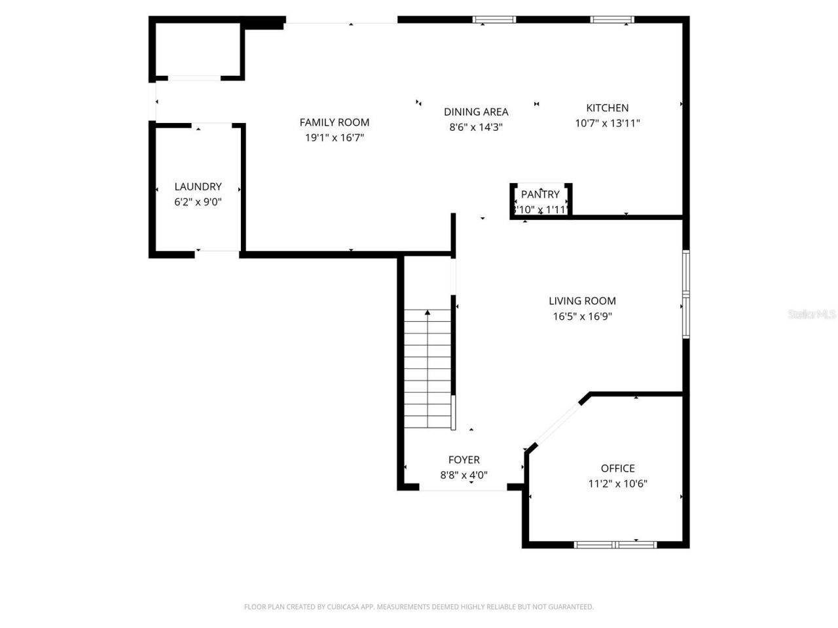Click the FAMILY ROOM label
pyautogui.click(x=335, y=122)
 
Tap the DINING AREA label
pyautogui.click(x=476, y=112)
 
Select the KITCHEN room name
pyautogui.click(x=607, y=108)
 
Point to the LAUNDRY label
pyautogui.click(x=198, y=186)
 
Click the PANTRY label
pyautogui.click(x=540, y=194)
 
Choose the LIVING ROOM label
pyautogui.click(x=582, y=301)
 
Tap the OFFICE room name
pyautogui.click(x=617, y=468)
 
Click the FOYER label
pyautogui.click(x=464, y=460)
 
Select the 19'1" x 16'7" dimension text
pyautogui.click(x=335, y=137)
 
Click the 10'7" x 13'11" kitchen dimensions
pyautogui.click(x=607, y=123)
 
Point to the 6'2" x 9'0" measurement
pyautogui.click(x=198, y=202)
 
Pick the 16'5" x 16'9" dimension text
pyautogui.click(x=582, y=317)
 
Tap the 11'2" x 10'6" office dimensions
pyautogui.click(x=617, y=484)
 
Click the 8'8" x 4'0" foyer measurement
pyautogui.click(x=464, y=476)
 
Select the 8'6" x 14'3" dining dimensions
pyautogui.click(x=476, y=128)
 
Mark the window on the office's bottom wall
pyautogui.click(x=615, y=544)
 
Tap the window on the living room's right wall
pyautogui.click(x=686, y=294)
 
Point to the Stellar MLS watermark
pyautogui.click(x=812, y=315)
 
